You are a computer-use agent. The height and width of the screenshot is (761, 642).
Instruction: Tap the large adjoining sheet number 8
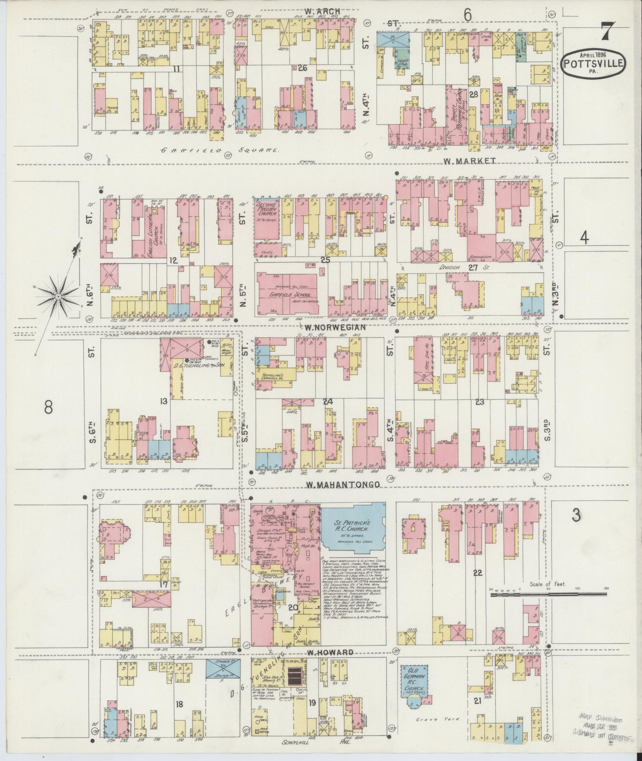[48, 407]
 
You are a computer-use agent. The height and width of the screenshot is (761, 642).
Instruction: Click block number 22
[478, 572]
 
